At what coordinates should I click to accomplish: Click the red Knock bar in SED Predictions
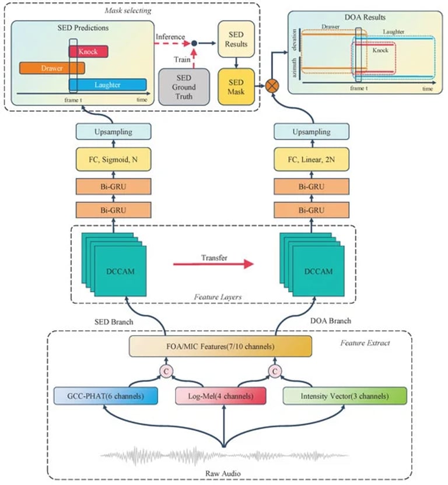tap(88, 51)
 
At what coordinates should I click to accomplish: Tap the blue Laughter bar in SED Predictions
tap(107, 85)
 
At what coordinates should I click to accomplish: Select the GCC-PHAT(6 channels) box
tap(106, 396)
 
